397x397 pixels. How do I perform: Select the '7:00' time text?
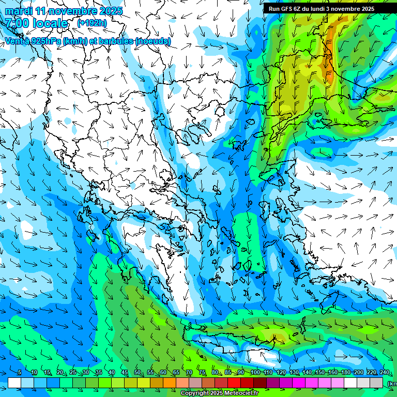(x=18, y=23)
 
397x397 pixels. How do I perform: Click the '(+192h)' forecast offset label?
(x=92, y=23)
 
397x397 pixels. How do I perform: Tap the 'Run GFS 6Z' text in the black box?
(x=286, y=8)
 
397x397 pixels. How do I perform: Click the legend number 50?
(x=137, y=373)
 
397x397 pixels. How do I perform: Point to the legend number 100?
(x=255, y=373)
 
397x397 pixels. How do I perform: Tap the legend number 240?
(x=384, y=373)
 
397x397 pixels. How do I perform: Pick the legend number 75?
(x=202, y=373)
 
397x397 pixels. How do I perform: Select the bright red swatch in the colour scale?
(x=234, y=383)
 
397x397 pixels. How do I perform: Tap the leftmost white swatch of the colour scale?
(x=14, y=383)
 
